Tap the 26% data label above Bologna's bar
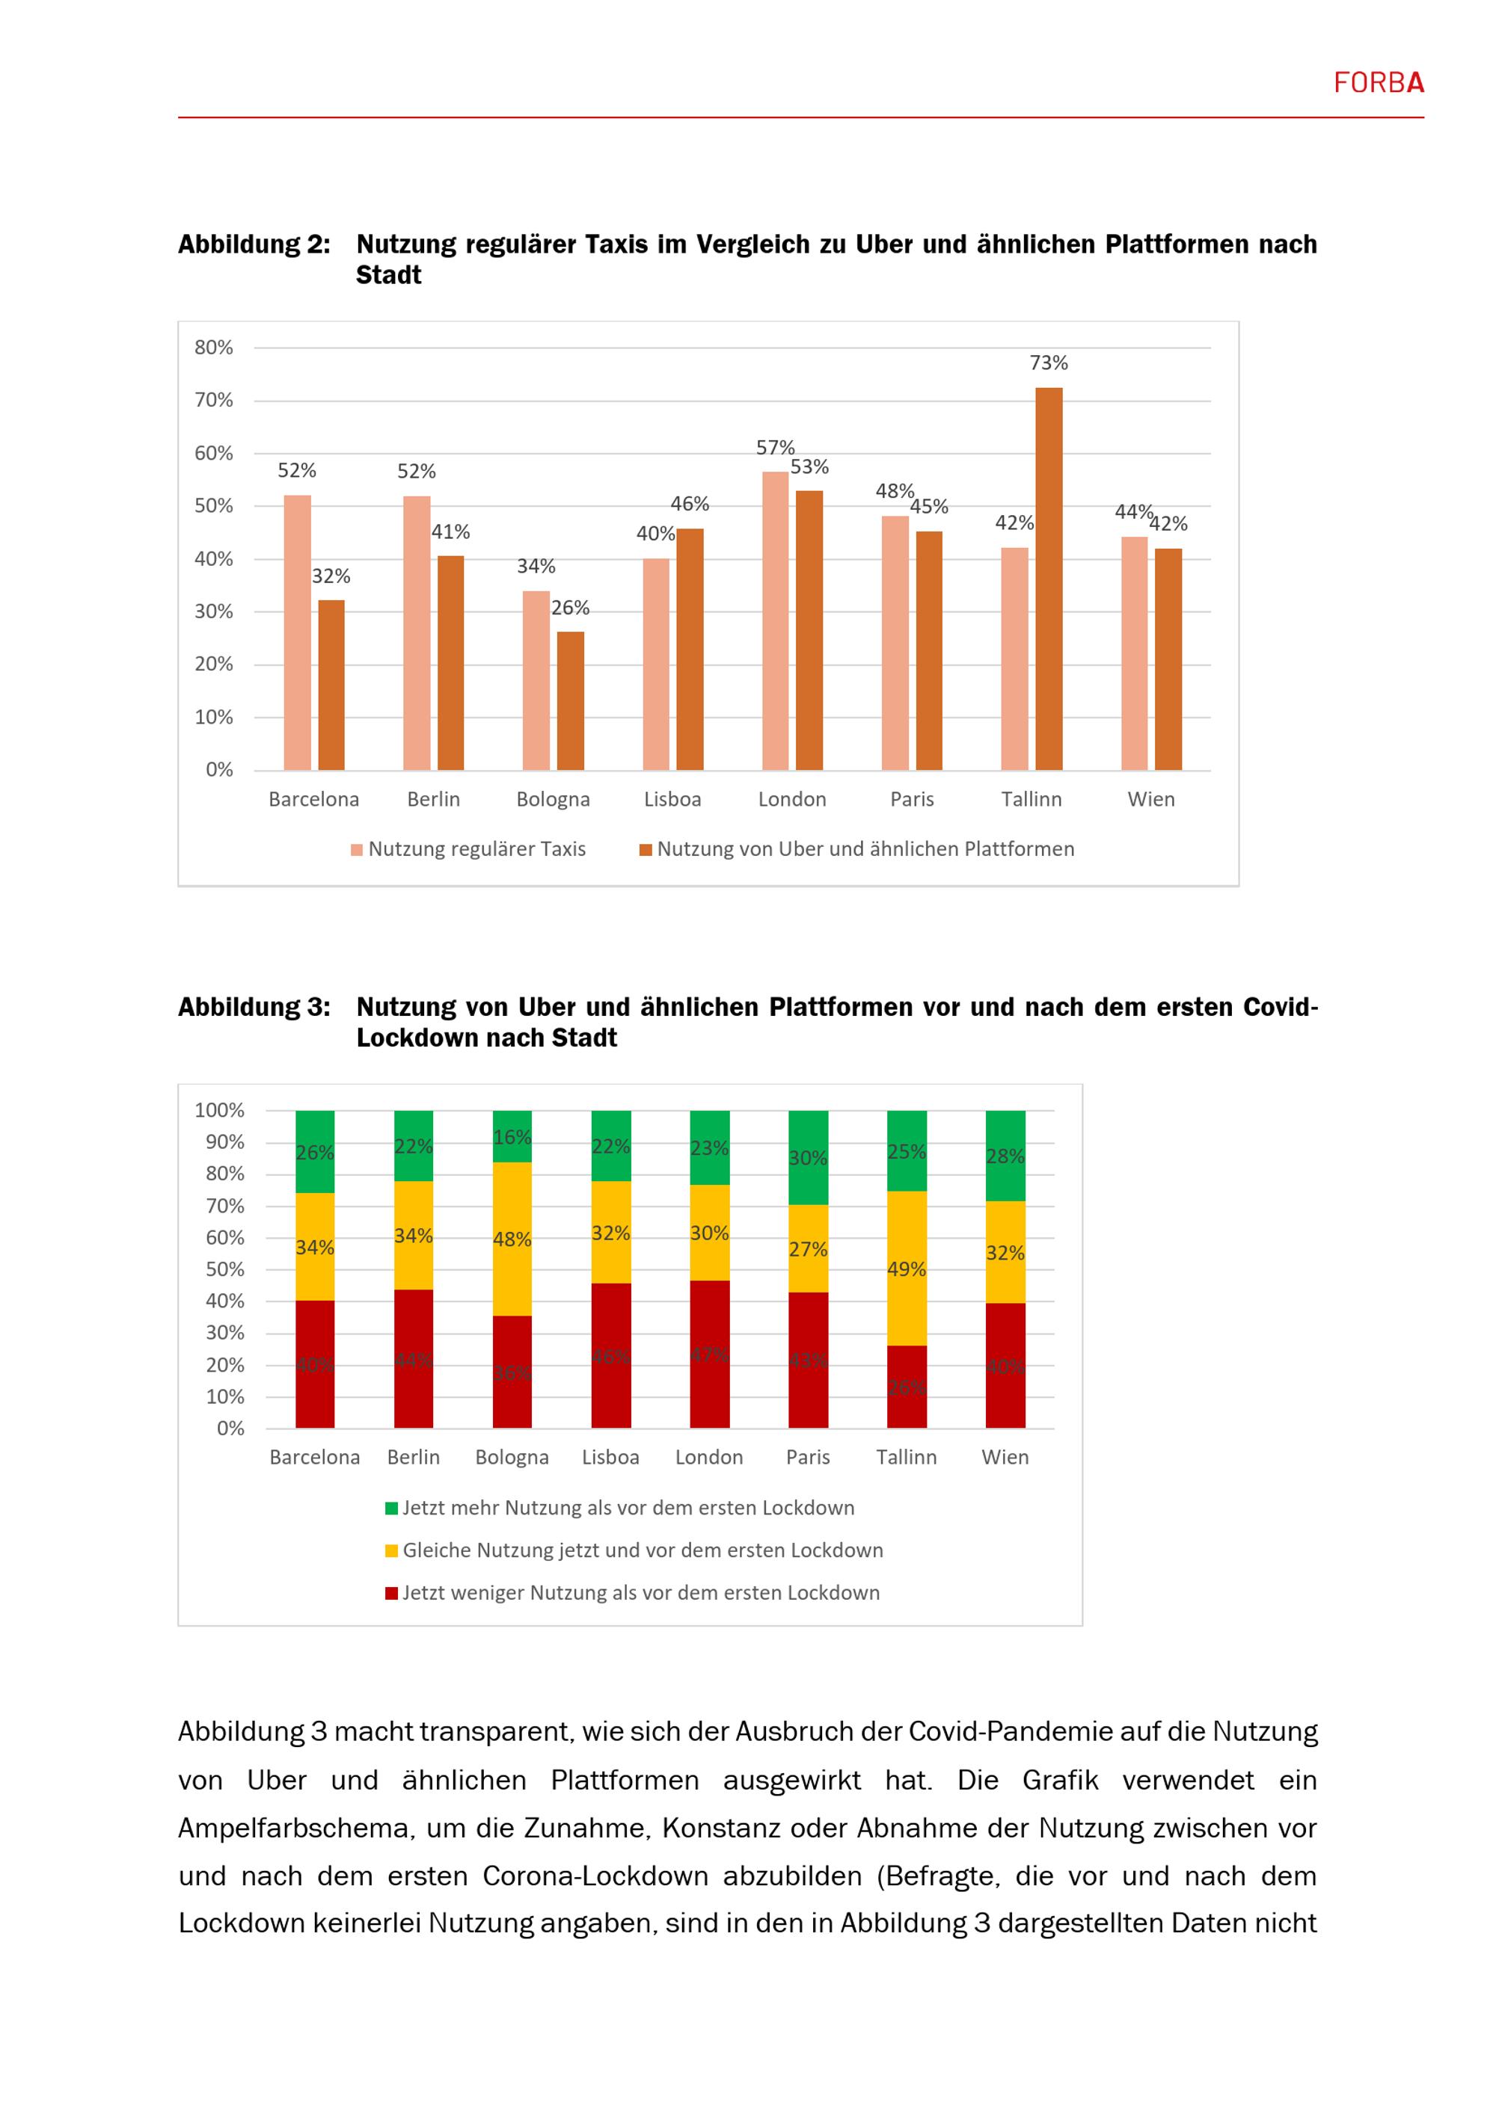[570, 608]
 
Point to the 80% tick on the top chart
[214, 348]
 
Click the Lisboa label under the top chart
[672, 799]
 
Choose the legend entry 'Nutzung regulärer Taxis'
[468, 849]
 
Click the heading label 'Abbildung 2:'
[254, 245]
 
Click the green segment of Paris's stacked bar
[808, 1157]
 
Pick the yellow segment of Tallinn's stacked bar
[907, 1268]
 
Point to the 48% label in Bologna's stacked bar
[512, 1239]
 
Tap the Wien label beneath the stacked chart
[1005, 1457]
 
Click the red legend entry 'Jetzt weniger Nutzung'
[632, 1592]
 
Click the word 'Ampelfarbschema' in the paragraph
[293, 1828]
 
